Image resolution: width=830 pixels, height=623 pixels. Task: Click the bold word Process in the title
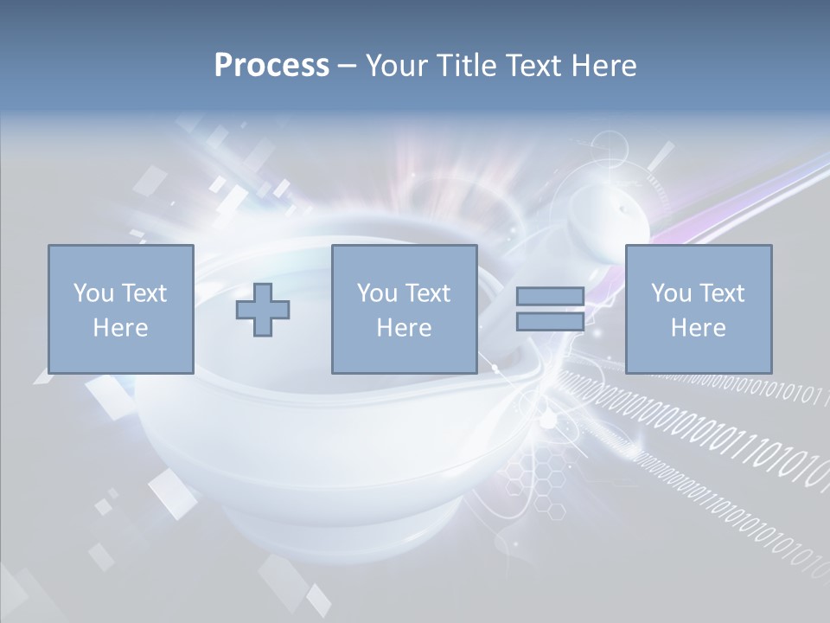click(x=271, y=66)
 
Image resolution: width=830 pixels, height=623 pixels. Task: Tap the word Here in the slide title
click(x=603, y=66)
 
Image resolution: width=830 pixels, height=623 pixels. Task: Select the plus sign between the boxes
click(x=263, y=310)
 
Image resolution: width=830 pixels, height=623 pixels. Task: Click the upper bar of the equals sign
click(x=550, y=297)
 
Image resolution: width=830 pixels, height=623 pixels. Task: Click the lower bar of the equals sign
click(x=550, y=322)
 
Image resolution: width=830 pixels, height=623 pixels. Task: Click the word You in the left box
click(x=93, y=293)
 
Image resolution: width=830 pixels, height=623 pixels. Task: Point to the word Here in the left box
click(x=120, y=328)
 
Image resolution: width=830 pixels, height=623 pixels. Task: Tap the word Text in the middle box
click(x=428, y=293)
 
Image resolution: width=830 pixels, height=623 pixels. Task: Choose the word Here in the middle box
click(x=404, y=328)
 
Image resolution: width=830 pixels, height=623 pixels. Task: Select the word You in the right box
click(x=670, y=293)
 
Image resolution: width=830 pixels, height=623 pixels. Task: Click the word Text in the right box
click(x=722, y=293)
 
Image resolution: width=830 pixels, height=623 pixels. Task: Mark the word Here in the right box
click(x=698, y=328)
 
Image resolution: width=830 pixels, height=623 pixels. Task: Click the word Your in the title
click(x=395, y=66)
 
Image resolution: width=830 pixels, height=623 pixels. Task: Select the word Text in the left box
click(x=144, y=293)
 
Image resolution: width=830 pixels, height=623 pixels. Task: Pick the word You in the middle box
click(x=376, y=293)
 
